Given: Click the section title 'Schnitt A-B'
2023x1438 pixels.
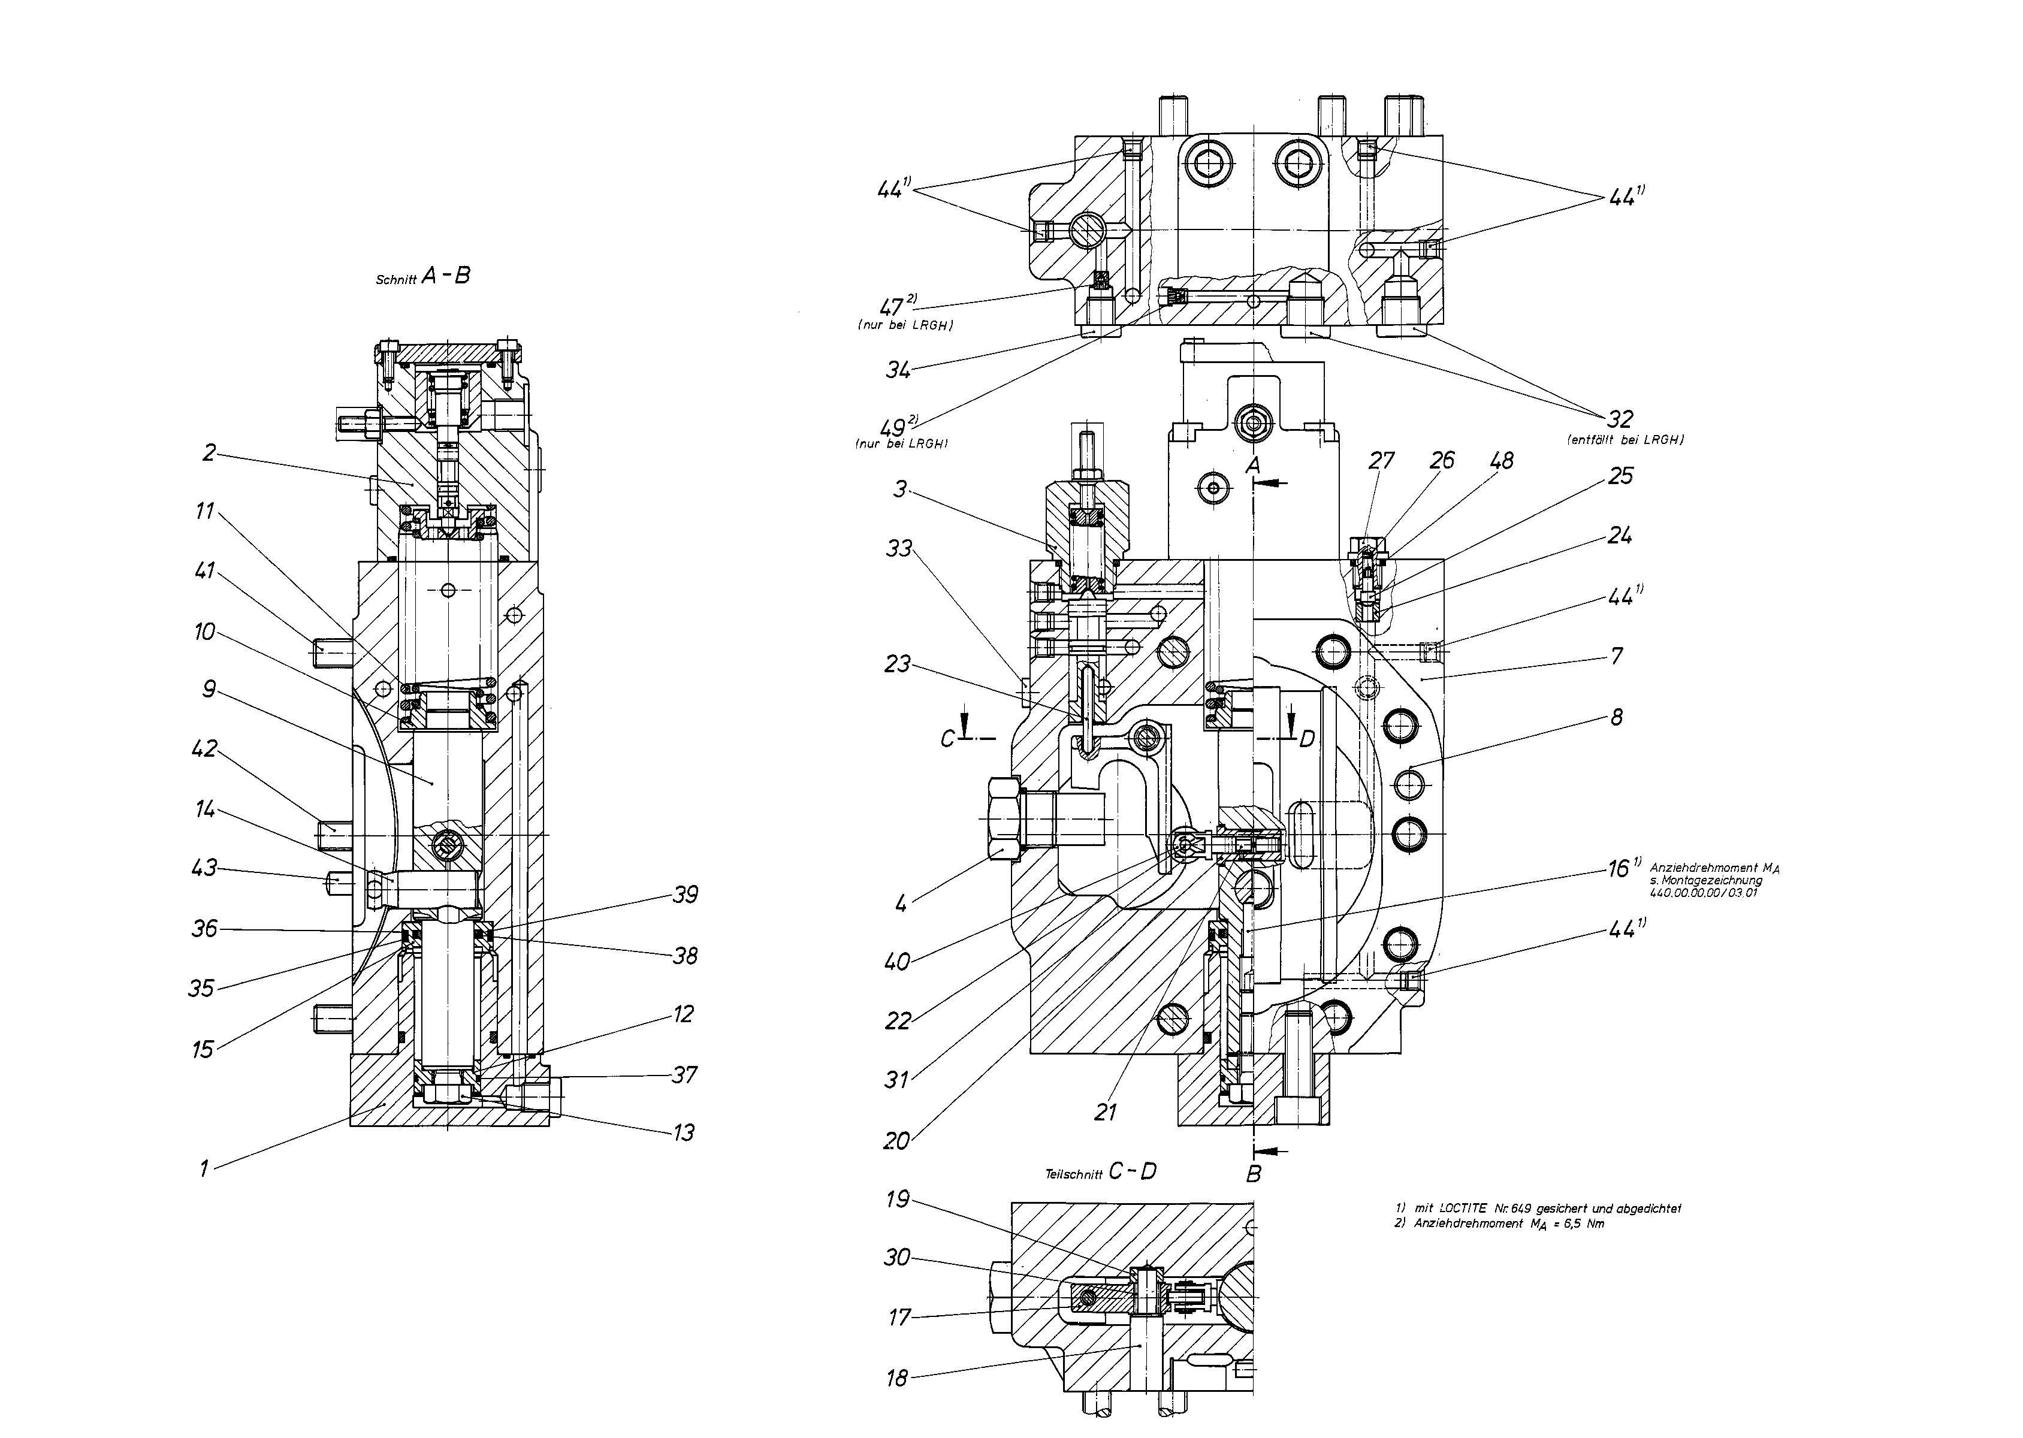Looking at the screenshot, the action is coord(422,276).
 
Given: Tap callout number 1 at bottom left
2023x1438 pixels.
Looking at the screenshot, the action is coord(204,1169).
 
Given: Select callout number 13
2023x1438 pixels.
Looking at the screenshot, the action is coord(684,1132).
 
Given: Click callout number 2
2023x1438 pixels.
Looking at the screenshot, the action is coord(209,454).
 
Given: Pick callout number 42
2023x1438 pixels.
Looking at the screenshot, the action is coord(204,748).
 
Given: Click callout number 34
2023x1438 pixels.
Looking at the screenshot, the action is coord(899,370).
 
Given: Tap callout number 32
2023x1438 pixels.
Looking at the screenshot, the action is coord(1620,418).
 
